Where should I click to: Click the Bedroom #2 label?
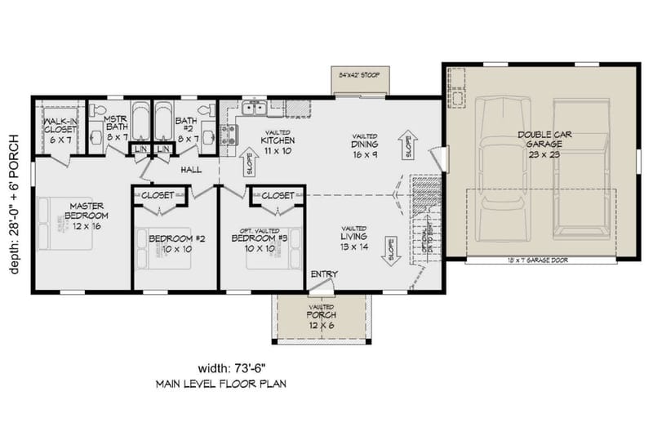click(x=170, y=243)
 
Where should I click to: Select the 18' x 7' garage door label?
click(x=537, y=260)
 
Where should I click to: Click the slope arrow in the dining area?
click(x=409, y=147)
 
